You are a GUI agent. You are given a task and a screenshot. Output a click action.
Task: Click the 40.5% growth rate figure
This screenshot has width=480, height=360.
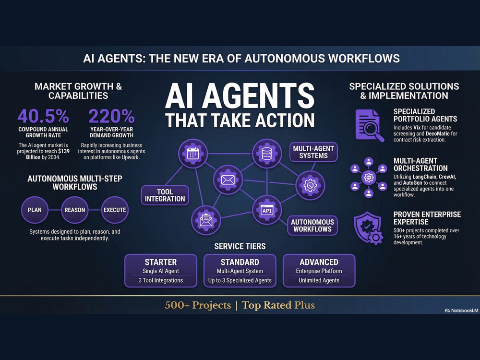pos(43,116)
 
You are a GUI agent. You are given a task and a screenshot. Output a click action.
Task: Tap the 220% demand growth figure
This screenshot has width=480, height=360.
pos(111,116)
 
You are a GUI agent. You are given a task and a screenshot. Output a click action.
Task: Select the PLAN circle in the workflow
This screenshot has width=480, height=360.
pos(35,210)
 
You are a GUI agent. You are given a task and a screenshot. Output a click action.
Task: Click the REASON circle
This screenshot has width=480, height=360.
pos(75,210)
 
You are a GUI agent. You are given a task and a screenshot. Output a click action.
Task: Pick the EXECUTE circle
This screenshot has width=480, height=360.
pos(115,210)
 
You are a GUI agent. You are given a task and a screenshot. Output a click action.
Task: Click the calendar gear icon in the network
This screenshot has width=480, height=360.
pos(192,154)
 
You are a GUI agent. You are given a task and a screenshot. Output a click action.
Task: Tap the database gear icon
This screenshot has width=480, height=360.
pos(267,154)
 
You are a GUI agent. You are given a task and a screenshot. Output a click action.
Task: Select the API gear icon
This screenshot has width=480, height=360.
pos(267,210)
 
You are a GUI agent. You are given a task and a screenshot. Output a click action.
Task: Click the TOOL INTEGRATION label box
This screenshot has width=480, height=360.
pos(165,195)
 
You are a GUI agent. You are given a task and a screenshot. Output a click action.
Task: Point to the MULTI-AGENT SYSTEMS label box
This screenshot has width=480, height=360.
pos(313,152)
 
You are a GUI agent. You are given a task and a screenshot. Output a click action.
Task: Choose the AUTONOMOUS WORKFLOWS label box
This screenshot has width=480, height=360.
pos(312,226)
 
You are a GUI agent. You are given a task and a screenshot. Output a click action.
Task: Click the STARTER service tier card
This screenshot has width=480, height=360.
pos(161,271)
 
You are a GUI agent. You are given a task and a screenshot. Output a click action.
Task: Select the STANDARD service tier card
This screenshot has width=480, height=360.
pos(240,271)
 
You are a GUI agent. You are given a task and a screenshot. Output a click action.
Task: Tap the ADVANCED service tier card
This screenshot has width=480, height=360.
pos(319,271)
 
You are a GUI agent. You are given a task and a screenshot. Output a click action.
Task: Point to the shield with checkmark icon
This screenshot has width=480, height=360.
pos(368,228)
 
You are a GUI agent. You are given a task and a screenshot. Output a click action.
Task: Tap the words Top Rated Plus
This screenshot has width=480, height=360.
pos(278,305)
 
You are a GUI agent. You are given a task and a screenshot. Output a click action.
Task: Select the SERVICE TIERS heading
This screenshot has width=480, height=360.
pos(240,246)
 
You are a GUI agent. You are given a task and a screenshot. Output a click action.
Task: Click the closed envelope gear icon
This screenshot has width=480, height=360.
pos(228,180)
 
